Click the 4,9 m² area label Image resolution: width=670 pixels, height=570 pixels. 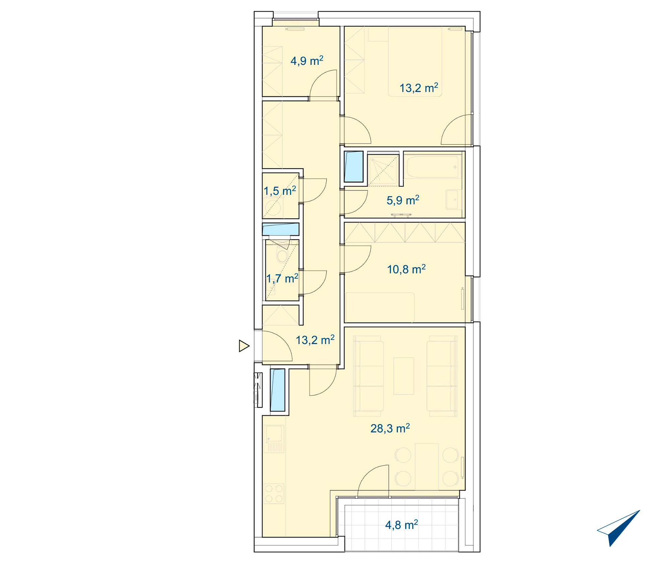(307, 61)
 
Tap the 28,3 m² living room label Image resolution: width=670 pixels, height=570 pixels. (390, 428)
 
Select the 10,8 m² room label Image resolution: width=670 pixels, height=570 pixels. (406, 269)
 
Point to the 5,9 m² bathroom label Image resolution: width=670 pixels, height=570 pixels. (403, 200)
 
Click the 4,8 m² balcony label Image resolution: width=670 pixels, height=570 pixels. (402, 525)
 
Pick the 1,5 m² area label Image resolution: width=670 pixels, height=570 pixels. (280, 191)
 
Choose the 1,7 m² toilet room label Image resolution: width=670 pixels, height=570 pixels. (282, 278)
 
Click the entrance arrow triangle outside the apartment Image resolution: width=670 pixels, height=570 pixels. (244, 346)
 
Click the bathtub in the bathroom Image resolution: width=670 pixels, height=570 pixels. (432, 167)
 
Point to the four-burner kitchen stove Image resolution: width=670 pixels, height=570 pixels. (274, 494)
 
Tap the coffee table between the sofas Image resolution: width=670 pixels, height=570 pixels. (404, 376)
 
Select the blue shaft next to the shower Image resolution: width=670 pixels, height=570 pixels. (354, 167)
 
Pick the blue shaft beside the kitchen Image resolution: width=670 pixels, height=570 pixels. (277, 390)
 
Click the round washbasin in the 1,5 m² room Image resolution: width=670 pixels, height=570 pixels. (273, 208)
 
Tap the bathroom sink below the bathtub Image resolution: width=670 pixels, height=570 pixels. (454, 199)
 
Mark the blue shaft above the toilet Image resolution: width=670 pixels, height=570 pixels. (280, 229)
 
